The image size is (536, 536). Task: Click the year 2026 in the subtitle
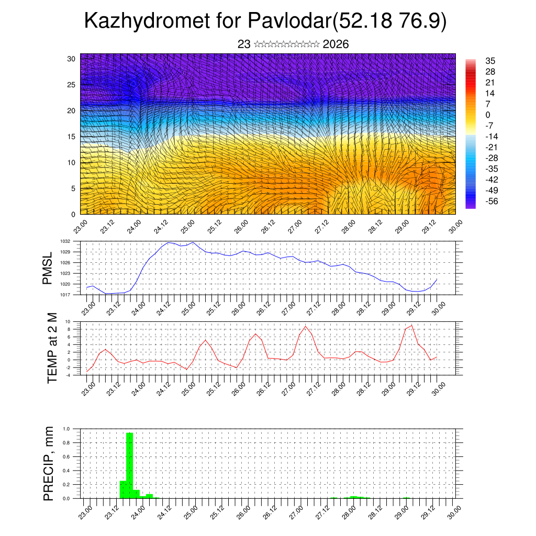336,44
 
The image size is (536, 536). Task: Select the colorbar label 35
490,61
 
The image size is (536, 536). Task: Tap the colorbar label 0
488,115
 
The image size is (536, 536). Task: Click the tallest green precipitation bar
130,465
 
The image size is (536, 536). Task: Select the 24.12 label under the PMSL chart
164,306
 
